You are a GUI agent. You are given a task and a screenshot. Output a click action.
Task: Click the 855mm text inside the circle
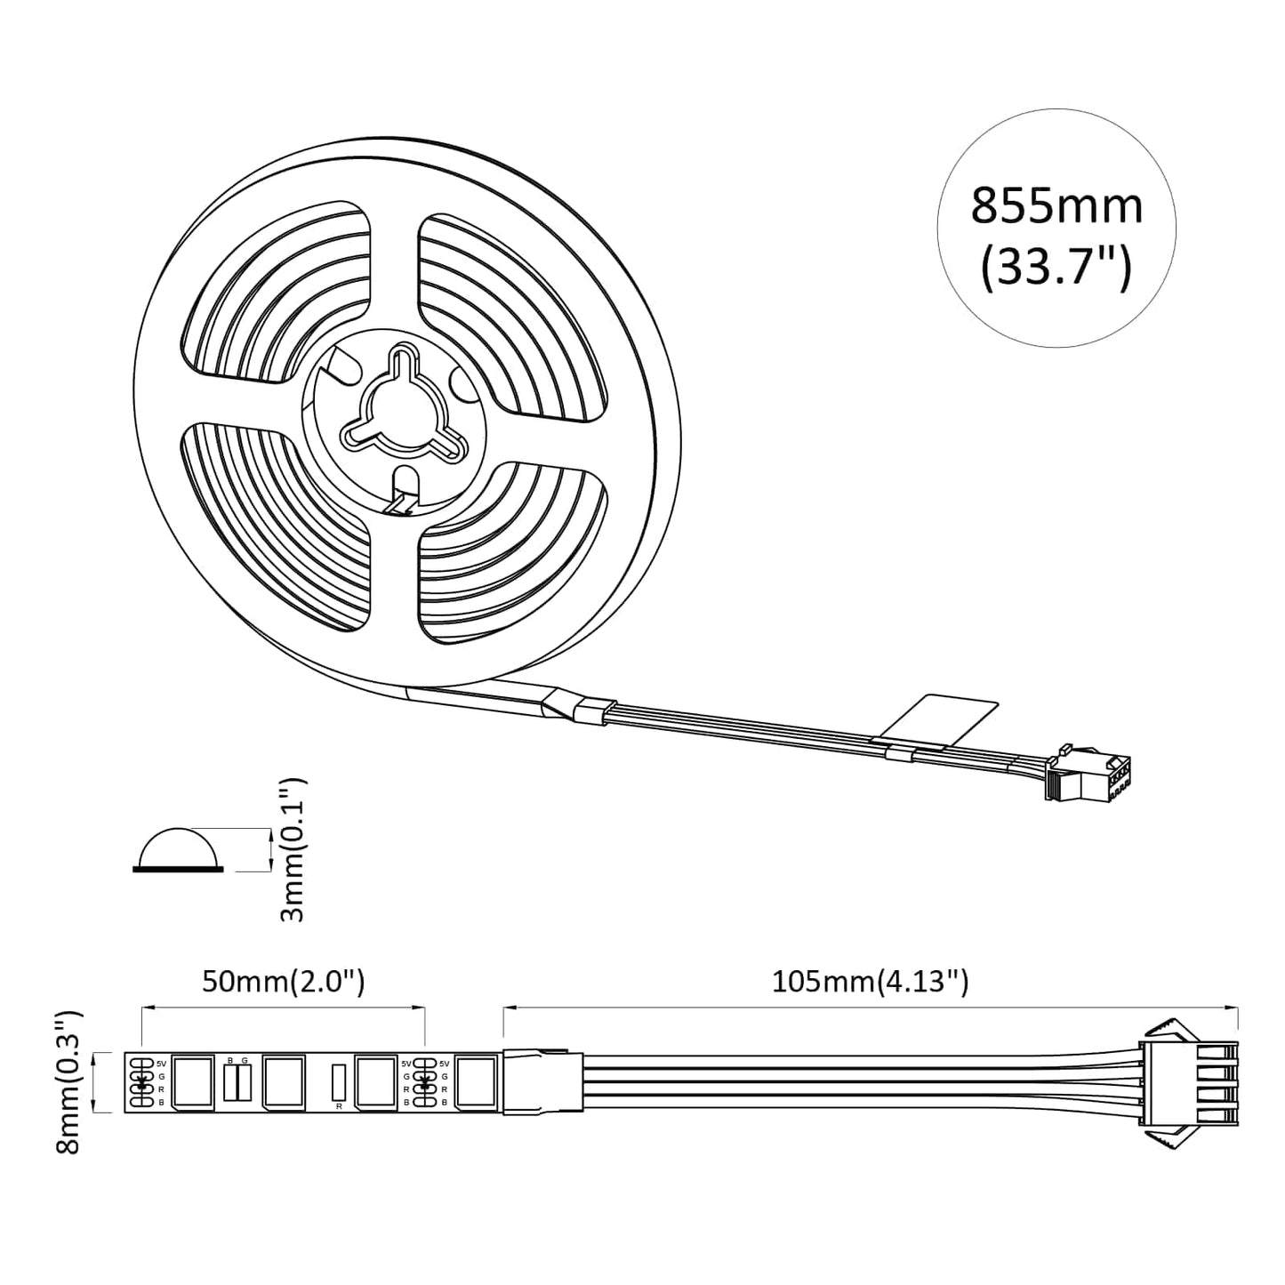tap(1056, 206)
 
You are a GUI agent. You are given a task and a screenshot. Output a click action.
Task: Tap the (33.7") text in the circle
tap(1056, 266)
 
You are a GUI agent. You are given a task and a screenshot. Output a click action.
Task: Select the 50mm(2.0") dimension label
tap(284, 982)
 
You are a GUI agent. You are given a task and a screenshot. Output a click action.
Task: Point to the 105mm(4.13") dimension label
tap(870, 982)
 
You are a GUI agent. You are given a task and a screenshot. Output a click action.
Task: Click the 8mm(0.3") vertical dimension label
tap(69, 1081)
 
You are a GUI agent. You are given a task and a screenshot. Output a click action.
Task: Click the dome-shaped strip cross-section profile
tap(178, 849)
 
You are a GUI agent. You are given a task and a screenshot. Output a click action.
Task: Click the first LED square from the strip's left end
tap(193, 1081)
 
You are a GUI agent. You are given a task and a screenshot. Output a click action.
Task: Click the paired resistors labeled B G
tap(237, 1081)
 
